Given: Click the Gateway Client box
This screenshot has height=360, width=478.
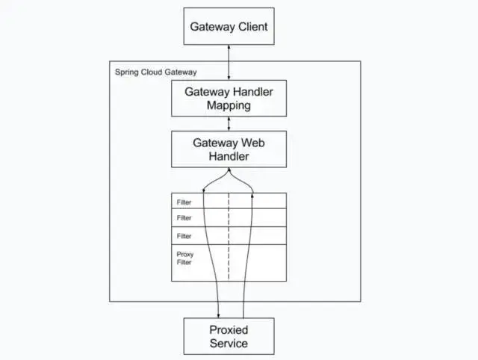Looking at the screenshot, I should coord(229,26).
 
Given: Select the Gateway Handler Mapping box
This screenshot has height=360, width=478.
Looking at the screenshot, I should coord(229,99).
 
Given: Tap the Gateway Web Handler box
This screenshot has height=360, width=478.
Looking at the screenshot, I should coord(229,149).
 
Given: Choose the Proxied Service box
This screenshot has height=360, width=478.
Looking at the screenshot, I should coord(229,335).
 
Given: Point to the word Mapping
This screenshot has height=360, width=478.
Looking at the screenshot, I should coord(229,106).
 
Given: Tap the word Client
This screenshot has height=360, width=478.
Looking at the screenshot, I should coord(250,26).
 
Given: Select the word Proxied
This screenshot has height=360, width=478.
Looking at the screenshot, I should coord(229,329).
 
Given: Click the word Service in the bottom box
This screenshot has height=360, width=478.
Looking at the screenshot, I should coord(229,344).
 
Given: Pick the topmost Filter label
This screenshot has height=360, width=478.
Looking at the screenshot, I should coord(184,202).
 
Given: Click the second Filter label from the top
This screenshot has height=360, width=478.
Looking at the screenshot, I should coord(184,218).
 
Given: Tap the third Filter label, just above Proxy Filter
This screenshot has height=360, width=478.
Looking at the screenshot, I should coord(184,236).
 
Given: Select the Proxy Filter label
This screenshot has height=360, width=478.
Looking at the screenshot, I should coord(185,258).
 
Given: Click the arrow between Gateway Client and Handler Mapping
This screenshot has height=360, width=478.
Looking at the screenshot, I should coord(229,63).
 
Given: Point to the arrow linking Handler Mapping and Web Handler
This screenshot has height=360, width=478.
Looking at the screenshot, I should coord(229,124).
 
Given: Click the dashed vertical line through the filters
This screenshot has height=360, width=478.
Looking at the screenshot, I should coord(229,239).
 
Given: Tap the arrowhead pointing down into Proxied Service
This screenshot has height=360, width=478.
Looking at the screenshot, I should coord(218,314).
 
